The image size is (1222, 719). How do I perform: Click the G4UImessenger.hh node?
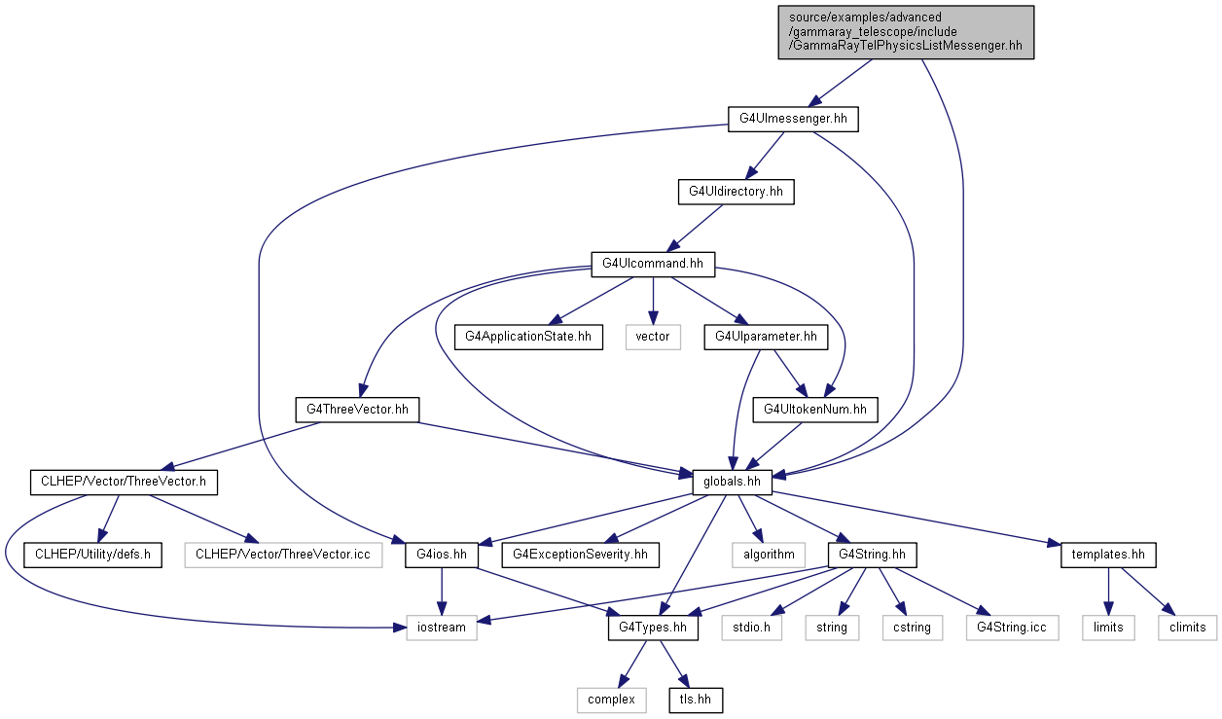coord(793,119)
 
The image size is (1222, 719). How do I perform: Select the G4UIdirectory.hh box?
coord(736,192)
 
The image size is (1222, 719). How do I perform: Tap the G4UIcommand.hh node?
coord(653,264)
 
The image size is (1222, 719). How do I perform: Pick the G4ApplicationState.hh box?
coord(528,338)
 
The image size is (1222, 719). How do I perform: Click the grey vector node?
coord(653,338)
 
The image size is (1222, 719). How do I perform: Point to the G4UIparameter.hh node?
coord(766,338)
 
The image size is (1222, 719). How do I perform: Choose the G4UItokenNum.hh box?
coord(815,410)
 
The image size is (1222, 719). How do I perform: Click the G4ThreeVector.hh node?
coord(357,410)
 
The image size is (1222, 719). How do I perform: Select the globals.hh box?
coord(732,483)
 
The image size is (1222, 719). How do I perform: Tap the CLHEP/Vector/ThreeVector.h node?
coord(124,483)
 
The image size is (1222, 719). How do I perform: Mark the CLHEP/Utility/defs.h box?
coord(92,555)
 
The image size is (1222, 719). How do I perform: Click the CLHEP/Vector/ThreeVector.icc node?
coord(283,555)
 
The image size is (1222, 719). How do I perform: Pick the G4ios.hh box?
coord(442,555)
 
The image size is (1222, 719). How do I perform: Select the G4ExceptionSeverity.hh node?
coord(581,555)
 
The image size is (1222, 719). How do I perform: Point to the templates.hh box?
coord(1108,555)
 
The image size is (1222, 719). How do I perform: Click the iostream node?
coord(442,628)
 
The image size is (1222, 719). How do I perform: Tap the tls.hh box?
coord(696,700)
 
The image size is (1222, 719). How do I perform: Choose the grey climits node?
coord(1188,628)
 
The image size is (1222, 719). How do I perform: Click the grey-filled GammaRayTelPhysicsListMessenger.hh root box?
coord(906,32)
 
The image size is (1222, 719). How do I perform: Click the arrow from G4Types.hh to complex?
coord(632,665)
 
